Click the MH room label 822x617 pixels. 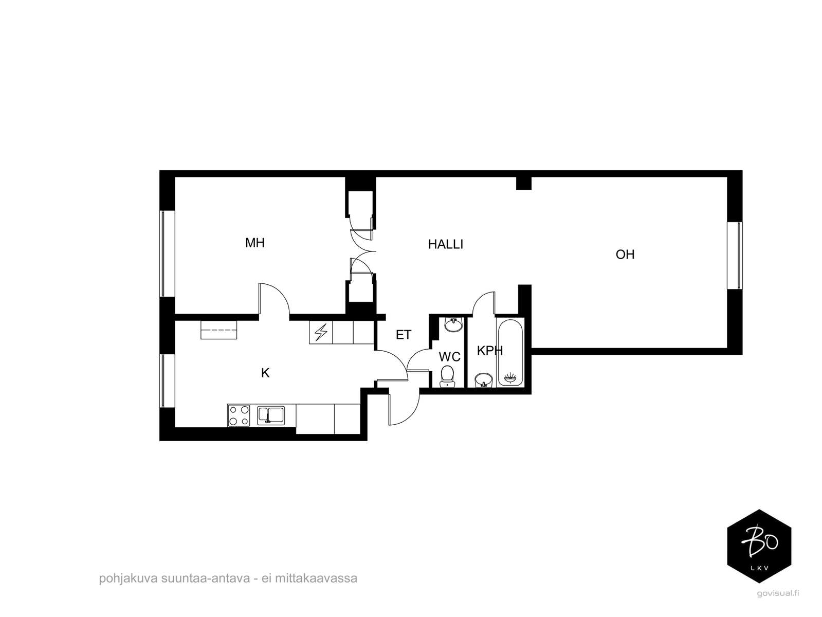click(x=254, y=243)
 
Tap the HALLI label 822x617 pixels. click(x=446, y=244)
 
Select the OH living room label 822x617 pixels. click(x=625, y=255)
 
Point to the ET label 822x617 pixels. click(x=404, y=335)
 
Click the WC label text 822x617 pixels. click(x=449, y=357)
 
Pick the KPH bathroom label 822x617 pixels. click(x=489, y=351)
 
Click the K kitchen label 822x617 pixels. click(x=265, y=373)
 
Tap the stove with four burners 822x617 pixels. click(x=239, y=416)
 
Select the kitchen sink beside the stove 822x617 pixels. click(x=271, y=416)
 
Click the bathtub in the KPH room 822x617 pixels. click(x=509, y=352)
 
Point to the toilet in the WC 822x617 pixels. click(x=447, y=376)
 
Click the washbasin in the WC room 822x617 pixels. click(x=454, y=324)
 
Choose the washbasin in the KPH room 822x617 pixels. click(x=483, y=380)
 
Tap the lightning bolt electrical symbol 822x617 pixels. click(x=321, y=333)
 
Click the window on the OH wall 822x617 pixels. click(x=735, y=256)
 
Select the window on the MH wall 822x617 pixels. click(x=167, y=254)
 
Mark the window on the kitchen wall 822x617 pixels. click(x=167, y=381)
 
